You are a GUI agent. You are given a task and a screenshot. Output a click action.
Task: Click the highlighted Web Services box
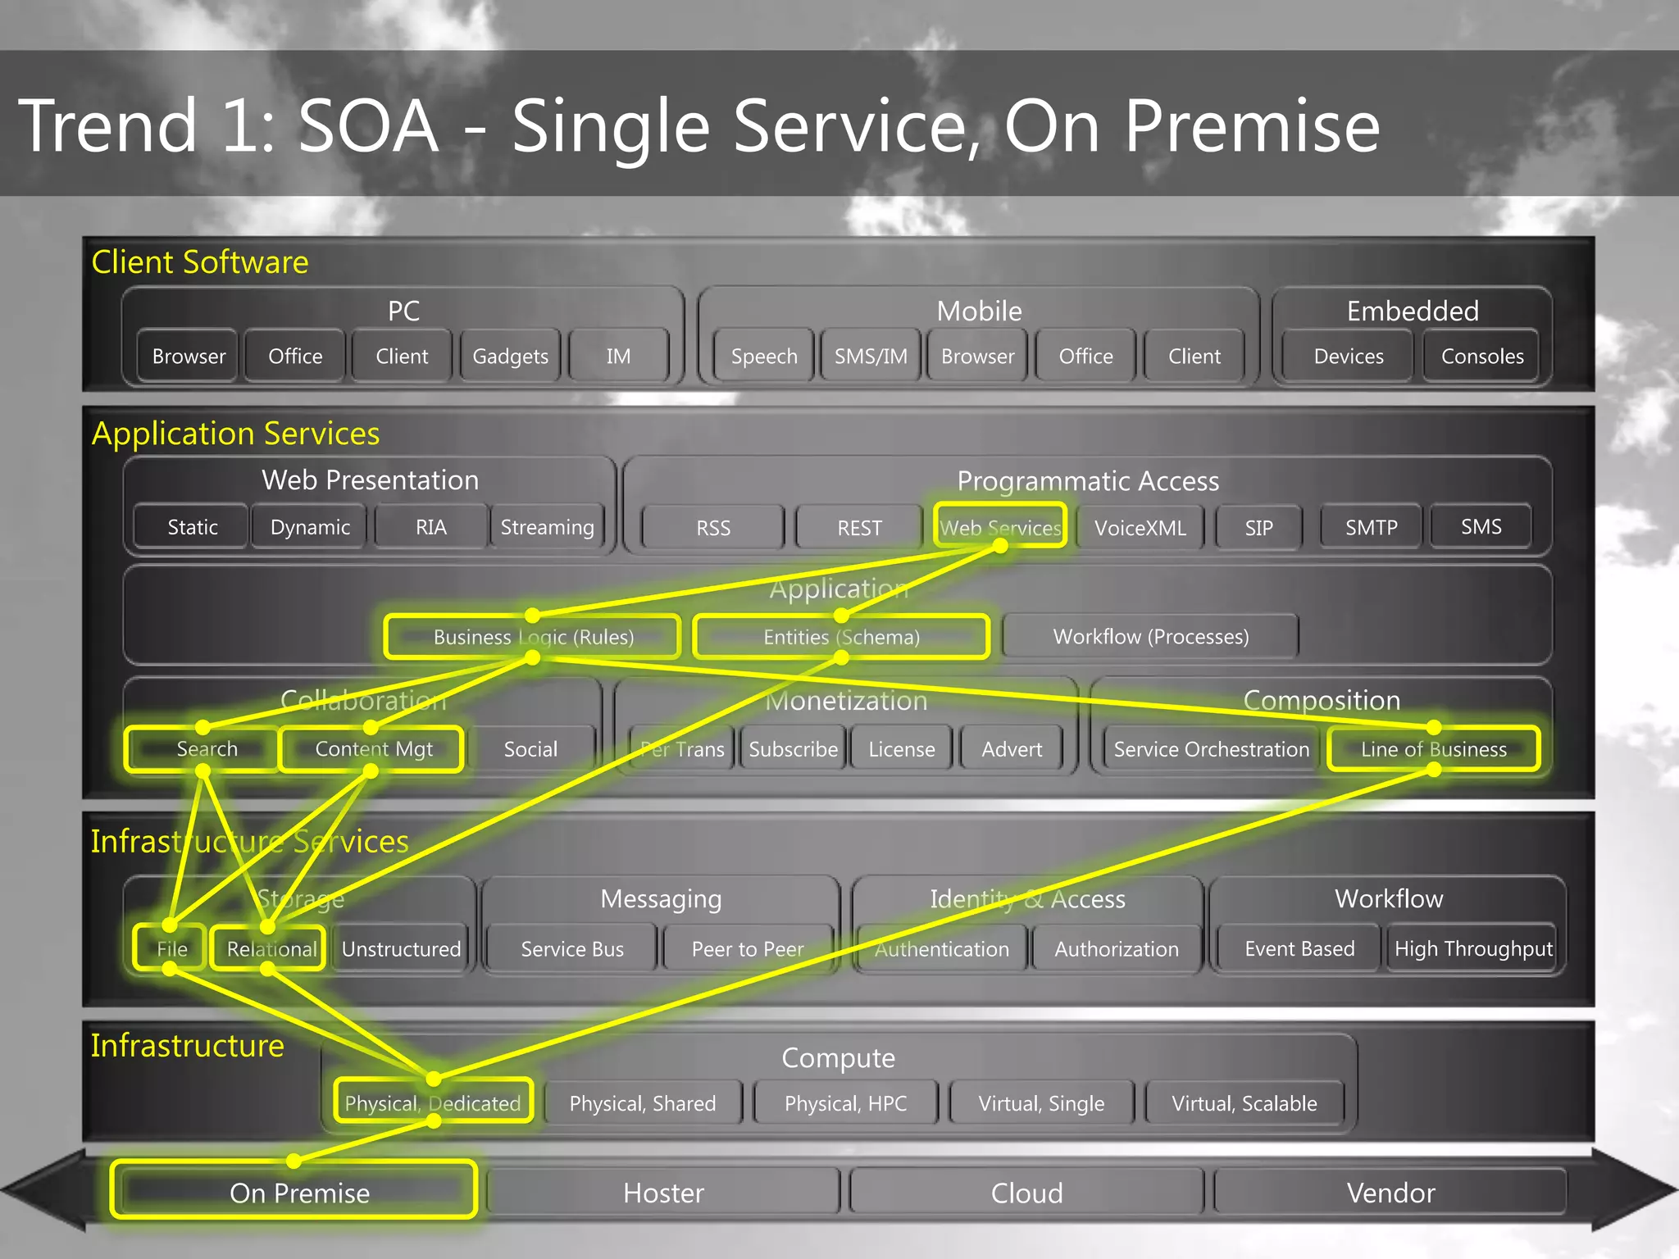tap(1000, 527)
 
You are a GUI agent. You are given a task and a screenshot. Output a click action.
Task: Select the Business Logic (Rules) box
tap(533, 637)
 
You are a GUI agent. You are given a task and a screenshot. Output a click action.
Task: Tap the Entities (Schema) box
tap(841, 637)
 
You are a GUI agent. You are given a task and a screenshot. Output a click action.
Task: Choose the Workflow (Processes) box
tap(1150, 637)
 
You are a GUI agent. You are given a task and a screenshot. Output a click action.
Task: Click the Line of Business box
tap(1433, 749)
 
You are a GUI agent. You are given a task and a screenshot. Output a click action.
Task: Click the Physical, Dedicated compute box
tap(433, 1102)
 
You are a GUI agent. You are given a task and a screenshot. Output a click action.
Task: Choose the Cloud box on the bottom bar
tap(1026, 1193)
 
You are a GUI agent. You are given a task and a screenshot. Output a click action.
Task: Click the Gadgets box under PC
tap(510, 357)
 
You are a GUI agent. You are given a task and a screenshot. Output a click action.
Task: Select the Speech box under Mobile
tap(764, 357)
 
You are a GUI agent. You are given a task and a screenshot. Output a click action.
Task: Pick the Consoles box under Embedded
tap(1482, 357)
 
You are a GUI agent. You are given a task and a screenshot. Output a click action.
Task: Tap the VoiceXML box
tap(1140, 528)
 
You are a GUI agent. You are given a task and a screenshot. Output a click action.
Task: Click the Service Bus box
tap(572, 949)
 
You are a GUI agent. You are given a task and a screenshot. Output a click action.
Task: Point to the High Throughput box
tap(1473, 949)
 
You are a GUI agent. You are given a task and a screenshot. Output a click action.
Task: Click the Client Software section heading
tap(200, 262)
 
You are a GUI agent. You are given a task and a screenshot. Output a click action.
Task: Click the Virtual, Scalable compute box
tap(1244, 1103)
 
